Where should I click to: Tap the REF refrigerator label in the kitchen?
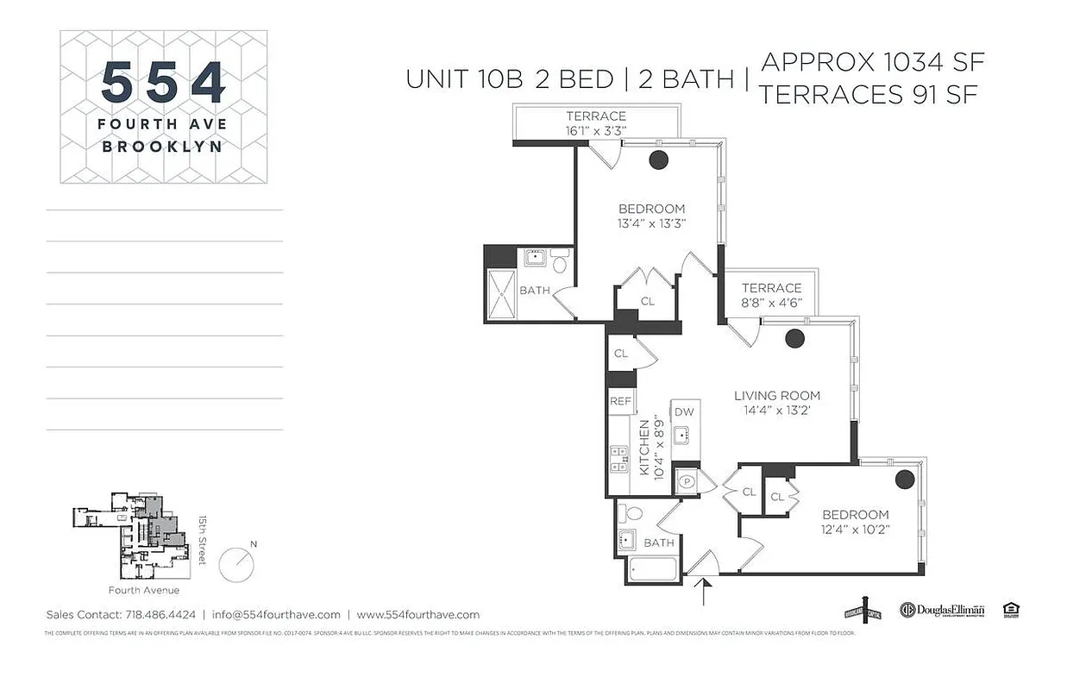click(620, 401)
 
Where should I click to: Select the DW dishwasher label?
click(684, 412)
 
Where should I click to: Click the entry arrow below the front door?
click(706, 594)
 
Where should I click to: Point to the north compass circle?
click(236, 565)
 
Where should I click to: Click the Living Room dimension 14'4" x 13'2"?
click(776, 411)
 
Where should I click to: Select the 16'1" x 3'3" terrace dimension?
click(595, 130)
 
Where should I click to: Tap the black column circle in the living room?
click(794, 339)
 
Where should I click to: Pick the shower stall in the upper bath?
click(500, 296)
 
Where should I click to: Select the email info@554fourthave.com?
click(275, 615)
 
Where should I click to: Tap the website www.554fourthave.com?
click(417, 615)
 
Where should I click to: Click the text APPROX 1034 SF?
click(872, 62)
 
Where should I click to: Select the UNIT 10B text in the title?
click(464, 78)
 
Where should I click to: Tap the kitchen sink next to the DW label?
click(683, 434)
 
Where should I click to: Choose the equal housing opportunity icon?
click(1011, 610)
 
